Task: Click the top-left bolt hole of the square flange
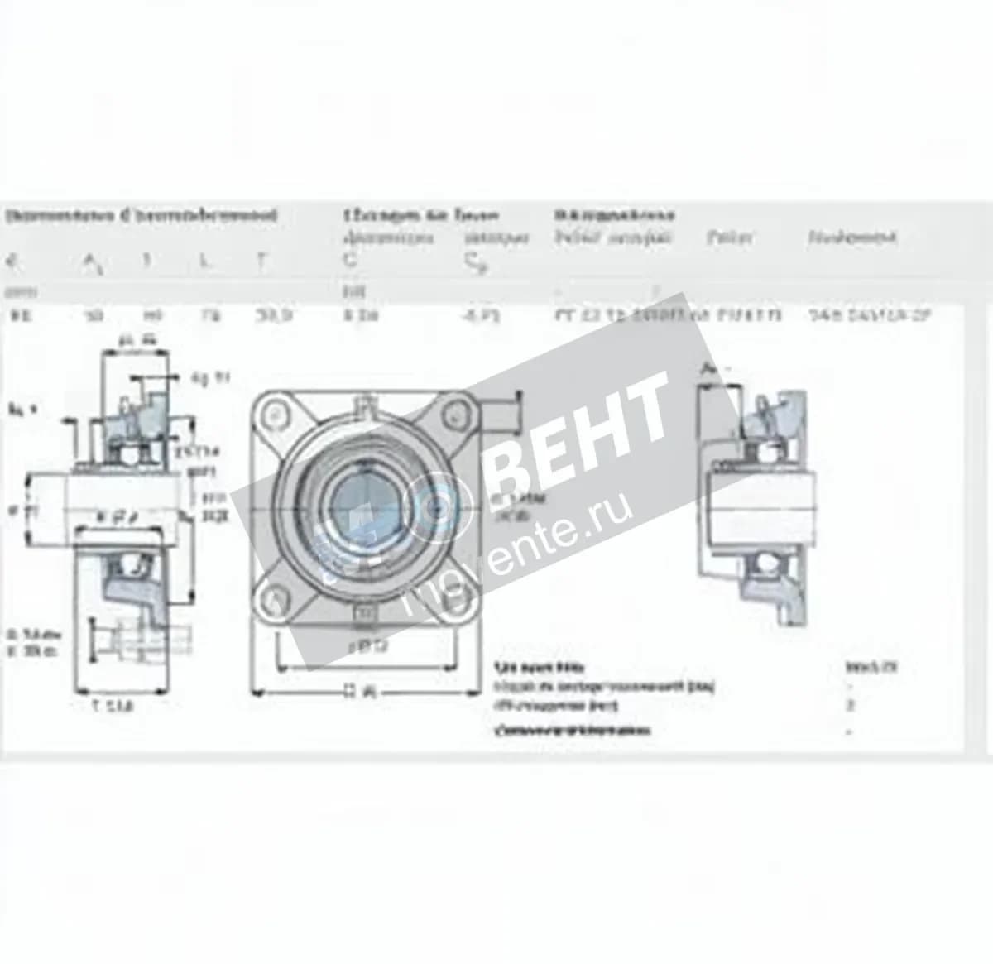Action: (x=274, y=411)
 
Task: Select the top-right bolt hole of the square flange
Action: (x=455, y=411)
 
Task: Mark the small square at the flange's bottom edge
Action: (x=365, y=613)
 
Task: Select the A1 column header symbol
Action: (x=92, y=263)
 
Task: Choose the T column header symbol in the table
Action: (x=261, y=261)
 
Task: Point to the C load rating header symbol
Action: (x=350, y=261)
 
